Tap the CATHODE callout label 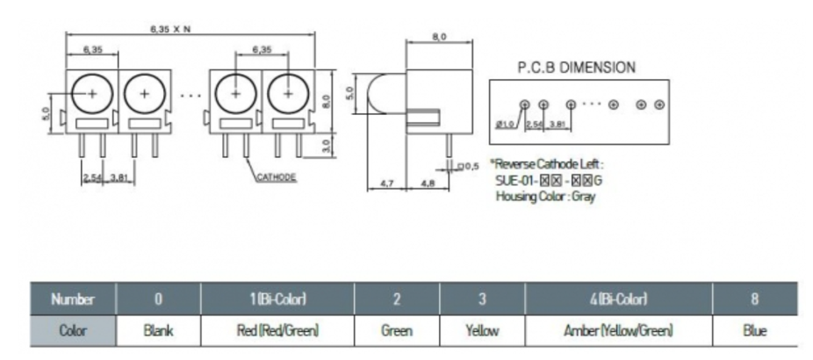275,177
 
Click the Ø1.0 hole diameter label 505,124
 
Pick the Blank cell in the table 158,331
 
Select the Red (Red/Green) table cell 277,331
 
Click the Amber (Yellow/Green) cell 618,331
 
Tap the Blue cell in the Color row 753,331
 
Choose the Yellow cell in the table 482,331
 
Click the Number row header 73,299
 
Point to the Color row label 73,331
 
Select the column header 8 753,299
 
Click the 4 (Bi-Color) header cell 618,299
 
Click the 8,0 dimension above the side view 439,37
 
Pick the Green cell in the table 397,331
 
